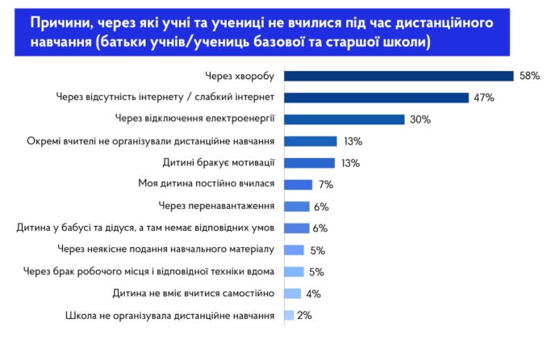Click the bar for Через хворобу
click(x=399, y=76)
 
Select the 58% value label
click(x=529, y=76)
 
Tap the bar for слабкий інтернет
click(x=376, y=98)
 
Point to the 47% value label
click(x=483, y=98)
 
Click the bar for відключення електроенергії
click(x=344, y=119)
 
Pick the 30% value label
click(x=420, y=119)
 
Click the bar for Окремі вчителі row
click(x=310, y=141)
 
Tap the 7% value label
click(x=326, y=185)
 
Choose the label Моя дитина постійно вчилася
click(x=207, y=185)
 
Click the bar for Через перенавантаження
click(x=297, y=207)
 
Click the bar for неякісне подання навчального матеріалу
click(x=294, y=250)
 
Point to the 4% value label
click(x=314, y=294)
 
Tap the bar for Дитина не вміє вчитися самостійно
click(x=293, y=294)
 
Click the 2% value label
click(x=304, y=316)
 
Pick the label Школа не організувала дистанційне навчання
click(x=169, y=316)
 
